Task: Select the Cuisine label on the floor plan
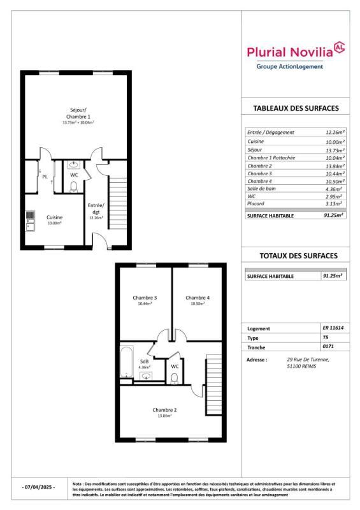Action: point(55,217)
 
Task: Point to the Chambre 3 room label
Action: point(145,298)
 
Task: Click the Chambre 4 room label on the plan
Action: point(198,298)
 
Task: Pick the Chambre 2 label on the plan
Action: point(164,409)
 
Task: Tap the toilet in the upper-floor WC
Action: point(175,377)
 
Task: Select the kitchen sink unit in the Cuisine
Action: point(30,222)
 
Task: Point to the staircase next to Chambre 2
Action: point(213,386)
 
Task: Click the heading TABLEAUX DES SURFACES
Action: point(296,108)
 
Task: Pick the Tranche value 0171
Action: point(329,347)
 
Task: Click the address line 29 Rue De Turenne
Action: point(308,360)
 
